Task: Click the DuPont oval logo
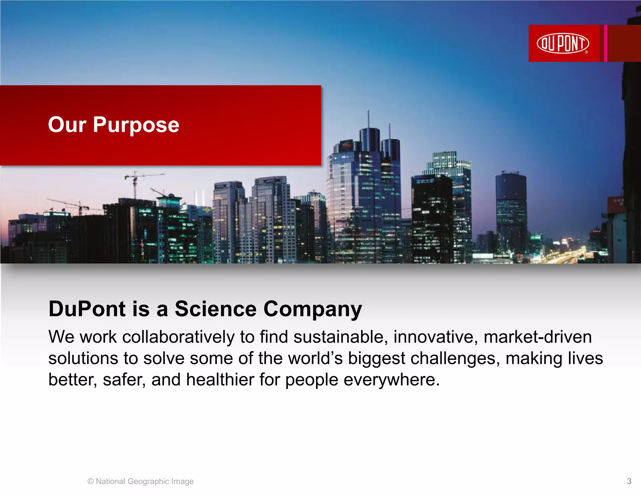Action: click(562, 43)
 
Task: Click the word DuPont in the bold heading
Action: click(87, 309)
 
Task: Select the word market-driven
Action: click(537, 337)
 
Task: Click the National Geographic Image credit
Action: click(141, 481)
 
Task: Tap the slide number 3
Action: click(629, 481)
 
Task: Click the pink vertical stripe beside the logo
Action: click(606, 43)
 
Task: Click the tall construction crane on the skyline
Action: click(135, 184)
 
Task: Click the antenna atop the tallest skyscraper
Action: click(368, 119)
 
